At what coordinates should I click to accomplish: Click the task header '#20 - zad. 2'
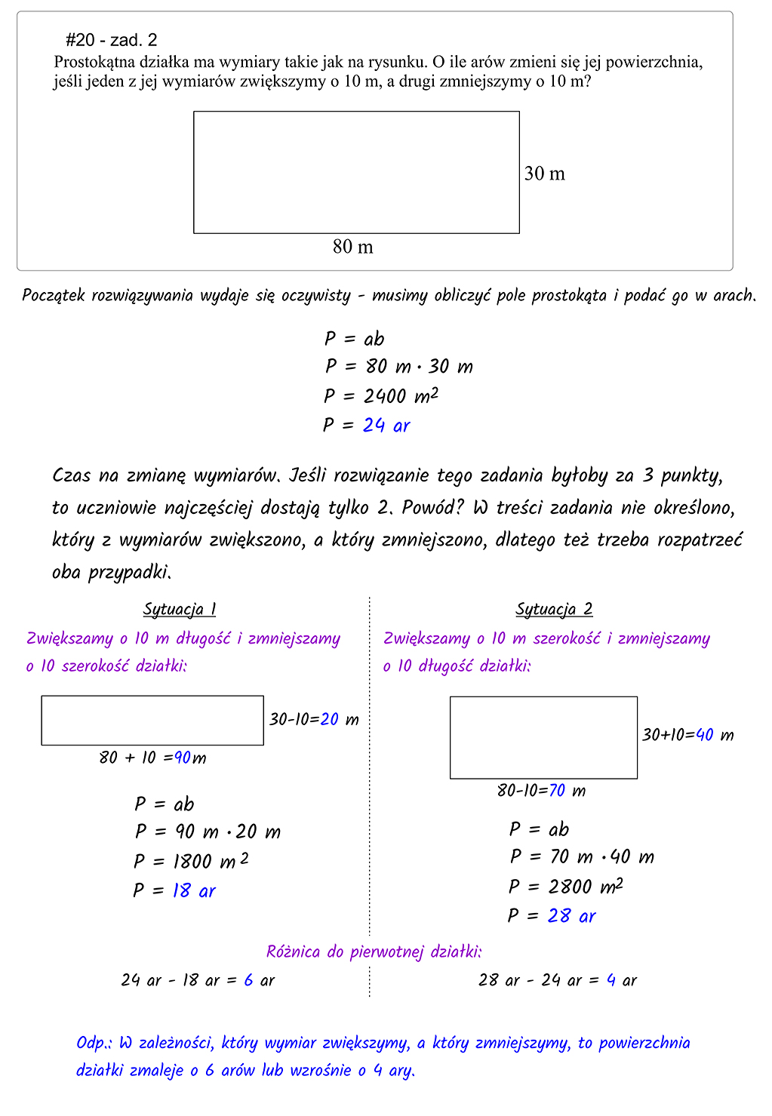(112, 40)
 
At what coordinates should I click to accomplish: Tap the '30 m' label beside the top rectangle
(544, 174)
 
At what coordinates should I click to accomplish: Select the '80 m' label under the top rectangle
(352, 247)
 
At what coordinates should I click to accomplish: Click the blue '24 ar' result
(386, 426)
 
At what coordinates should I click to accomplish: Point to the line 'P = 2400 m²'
(381, 396)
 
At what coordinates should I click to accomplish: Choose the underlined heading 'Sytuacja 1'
(180, 609)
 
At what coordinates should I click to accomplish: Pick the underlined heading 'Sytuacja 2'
(554, 609)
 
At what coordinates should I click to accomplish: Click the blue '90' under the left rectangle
(183, 758)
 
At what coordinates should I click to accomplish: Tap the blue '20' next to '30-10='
(330, 719)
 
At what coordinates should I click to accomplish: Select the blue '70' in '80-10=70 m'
(557, 791)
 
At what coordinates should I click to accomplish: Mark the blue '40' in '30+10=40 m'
(705, 735)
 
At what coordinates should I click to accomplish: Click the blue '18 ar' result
(194, 891)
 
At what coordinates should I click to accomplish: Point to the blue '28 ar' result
(571, 916)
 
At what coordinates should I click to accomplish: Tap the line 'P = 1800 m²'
(191, 861)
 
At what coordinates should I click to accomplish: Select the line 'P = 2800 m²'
(565, 887)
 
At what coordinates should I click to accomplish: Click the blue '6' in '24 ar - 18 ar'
(248, 980)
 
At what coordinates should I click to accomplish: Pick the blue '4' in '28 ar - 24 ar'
(611, 980)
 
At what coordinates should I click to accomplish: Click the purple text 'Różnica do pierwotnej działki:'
(374, 952)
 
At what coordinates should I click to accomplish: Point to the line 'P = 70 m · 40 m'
(581, 857)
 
